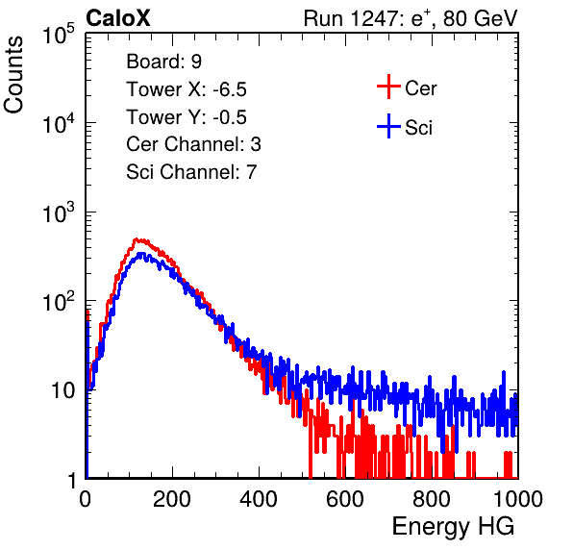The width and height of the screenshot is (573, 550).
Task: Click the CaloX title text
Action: [x=118, y=18]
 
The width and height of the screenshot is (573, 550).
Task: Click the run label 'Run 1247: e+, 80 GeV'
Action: [x=411, y=18]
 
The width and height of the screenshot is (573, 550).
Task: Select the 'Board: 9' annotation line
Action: [x=164, y=62]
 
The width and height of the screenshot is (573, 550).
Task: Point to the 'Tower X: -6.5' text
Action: [x=187, y=89]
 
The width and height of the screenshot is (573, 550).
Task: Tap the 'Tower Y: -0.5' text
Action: [x=187, y=117]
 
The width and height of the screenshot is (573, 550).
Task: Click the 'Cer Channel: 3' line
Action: [x=193, y=144]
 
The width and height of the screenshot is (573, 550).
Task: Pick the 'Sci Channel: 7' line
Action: [x=191, y=172]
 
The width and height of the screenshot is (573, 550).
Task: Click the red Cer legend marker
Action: [x=388, y=87]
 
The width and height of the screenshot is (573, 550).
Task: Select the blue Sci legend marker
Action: [x=388, y=126]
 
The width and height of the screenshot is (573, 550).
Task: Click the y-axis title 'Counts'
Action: [x=13, y=75]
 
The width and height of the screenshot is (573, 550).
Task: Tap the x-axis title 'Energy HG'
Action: [x=453, y=526]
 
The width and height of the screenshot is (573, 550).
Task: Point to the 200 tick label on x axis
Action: [x=172, y=499]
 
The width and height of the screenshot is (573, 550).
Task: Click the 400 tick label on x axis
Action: [x=259, y=499]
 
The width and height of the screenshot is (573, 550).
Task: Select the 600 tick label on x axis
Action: [x=345, y=499]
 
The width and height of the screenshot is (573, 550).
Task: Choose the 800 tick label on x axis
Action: [x=432, y=499]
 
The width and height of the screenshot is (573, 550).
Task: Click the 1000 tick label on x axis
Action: [x=518, y=499]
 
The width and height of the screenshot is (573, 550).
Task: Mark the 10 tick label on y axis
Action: [x=63, y=390]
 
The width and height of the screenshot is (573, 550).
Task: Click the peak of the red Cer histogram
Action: [x=137, y=239]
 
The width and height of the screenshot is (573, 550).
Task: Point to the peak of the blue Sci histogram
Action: [x=140, y=253]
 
